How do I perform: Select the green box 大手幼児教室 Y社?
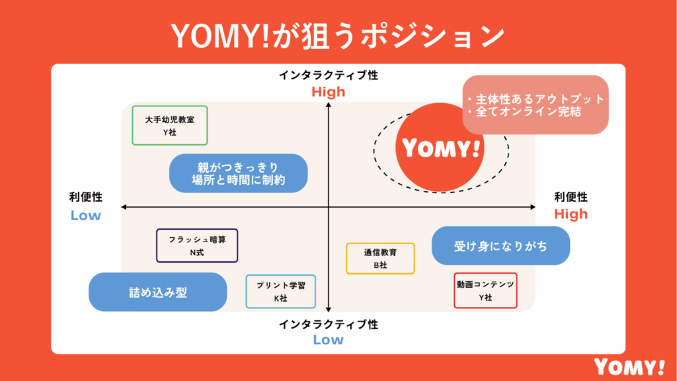pyautogui.click(x=170, y=125)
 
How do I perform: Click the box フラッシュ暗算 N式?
pyautogui.click(x=197, y=245)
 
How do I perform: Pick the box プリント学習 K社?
pyautogui.click(x=280, y=291)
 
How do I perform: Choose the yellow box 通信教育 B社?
pyautogui.click(x=380, y=258)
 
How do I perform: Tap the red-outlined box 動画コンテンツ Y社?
pyautogui.click(x=485, y=290)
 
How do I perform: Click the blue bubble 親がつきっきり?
pyautogui.click(x=238, y=173)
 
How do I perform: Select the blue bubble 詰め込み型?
pyautogui.click(x=158, y=292)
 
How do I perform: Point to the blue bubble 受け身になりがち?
pyautogui.click(x=500, y=246)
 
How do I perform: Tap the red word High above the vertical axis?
pyautogui.click(x=329, y=92)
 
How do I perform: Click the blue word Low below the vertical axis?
pyautogui.click(x=329, y=340)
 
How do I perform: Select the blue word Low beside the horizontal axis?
pyautogui.click(x=86, y=215)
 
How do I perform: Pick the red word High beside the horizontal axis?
pyautogui.click(x=571, y=214)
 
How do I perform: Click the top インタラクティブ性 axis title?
pyautogui.click(x=329, y=75)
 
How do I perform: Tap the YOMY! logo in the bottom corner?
pyautogui.click(x=629, y=366)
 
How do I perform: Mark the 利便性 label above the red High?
pyautogui.click(x=571, y=197)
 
